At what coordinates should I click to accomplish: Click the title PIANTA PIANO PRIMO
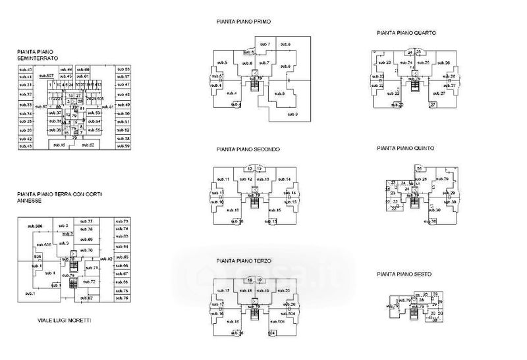(x=244, y=22)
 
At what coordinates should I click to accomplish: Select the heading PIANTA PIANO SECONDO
(x=248, y=149)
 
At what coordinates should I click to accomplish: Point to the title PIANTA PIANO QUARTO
(x=406, y=32)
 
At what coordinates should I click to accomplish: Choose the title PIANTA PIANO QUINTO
(x=406, y=149)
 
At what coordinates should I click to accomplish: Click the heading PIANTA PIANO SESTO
(x=403, y=273)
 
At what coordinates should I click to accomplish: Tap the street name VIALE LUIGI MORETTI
(x=64, y=320)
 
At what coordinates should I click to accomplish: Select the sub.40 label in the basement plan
(x=26, y=69)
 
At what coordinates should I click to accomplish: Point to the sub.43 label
(x=26, y=146)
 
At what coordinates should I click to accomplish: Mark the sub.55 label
(x=123, y=69)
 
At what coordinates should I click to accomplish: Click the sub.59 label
(x=123, y=146)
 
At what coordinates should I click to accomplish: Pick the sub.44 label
(x=66, y=69)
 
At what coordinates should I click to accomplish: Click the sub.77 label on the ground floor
(x=86, y=221)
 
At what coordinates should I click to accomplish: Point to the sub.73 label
(x=122, y=220)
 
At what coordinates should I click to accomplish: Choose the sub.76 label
(x=122, y=298)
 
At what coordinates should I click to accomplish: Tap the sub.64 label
(x=122, y=246)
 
